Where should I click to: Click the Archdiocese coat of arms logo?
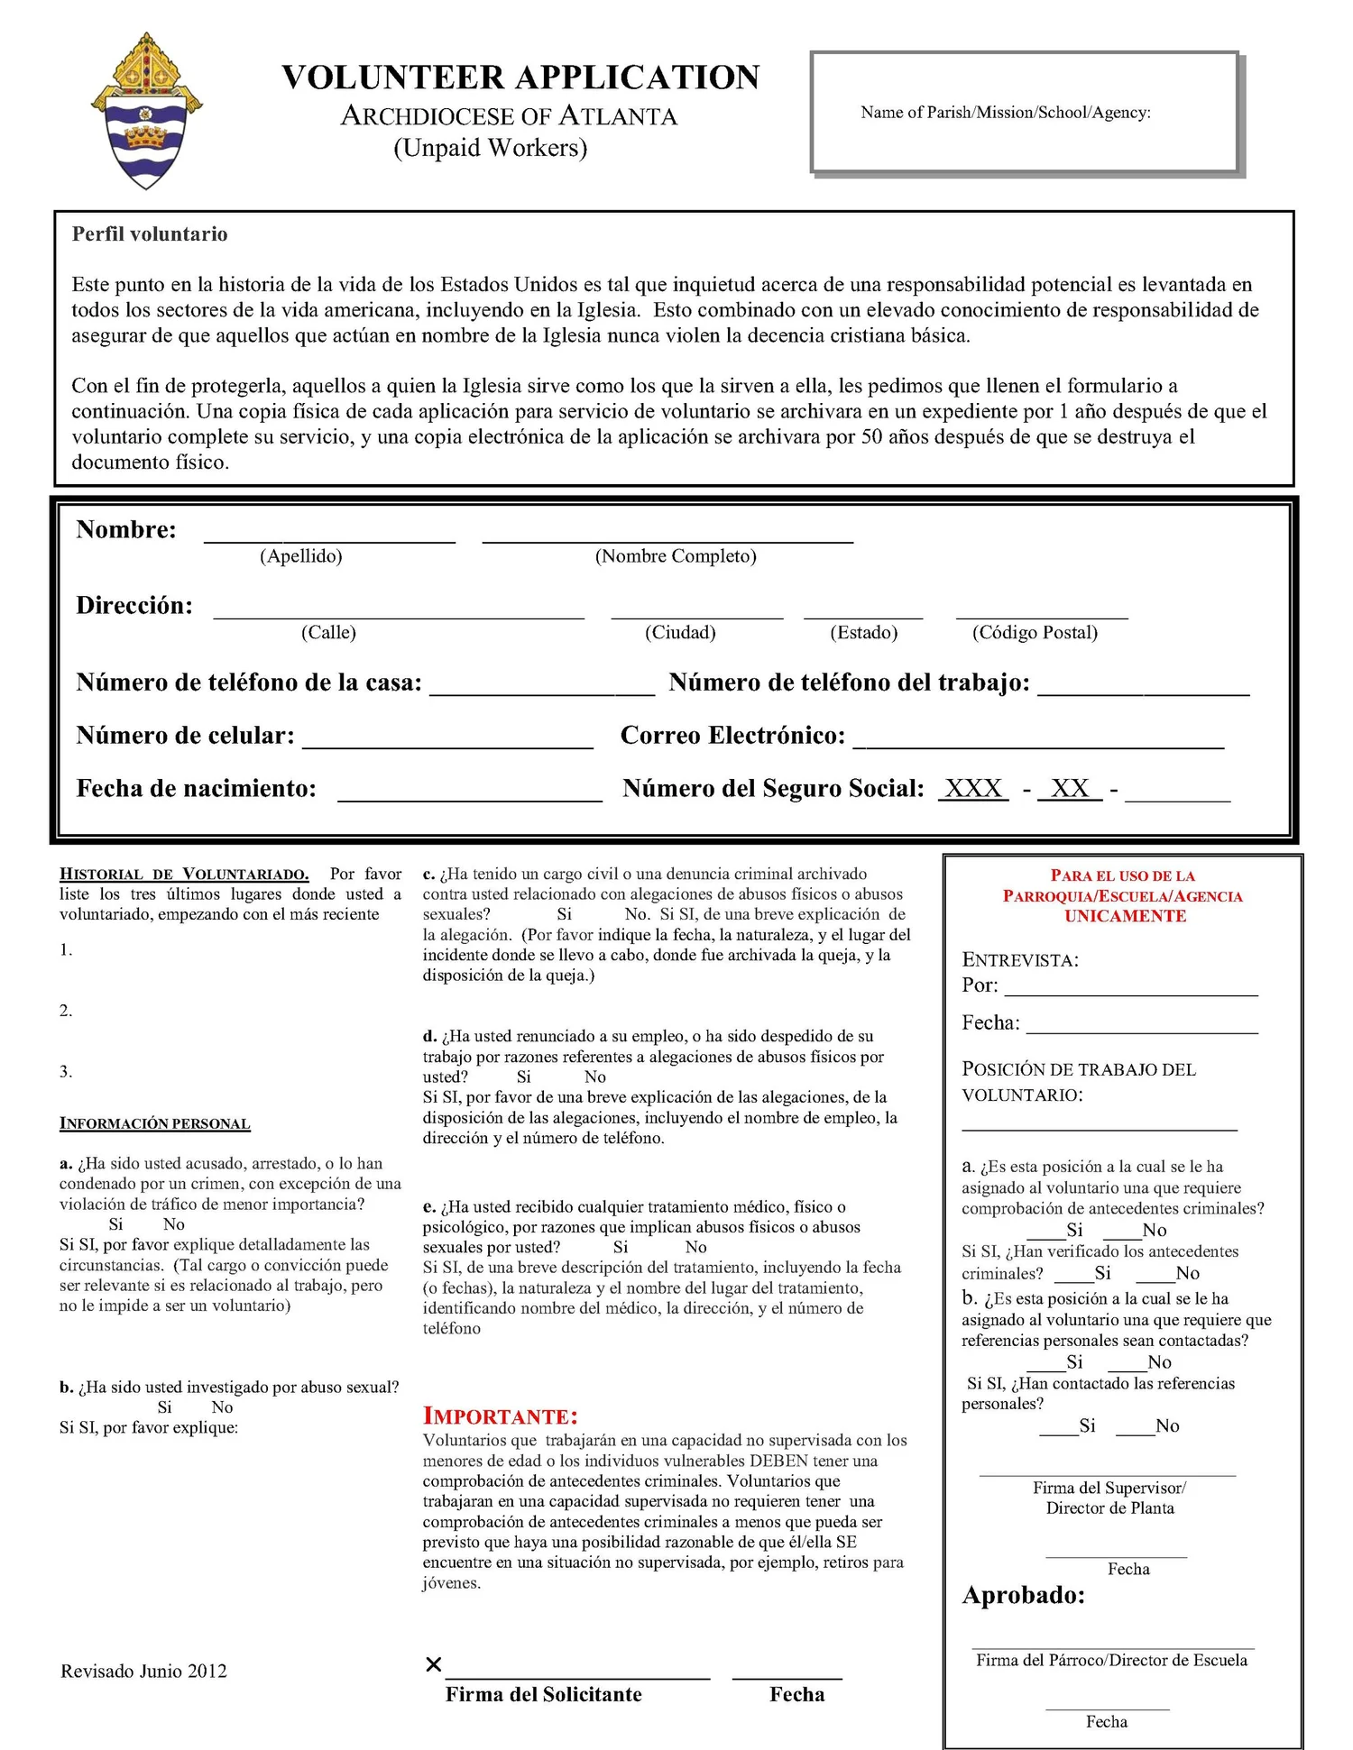[146, 111]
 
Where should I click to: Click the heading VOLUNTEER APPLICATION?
[520, 78]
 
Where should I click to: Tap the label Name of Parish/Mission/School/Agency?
[1005, 113]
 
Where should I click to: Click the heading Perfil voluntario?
[150, 234]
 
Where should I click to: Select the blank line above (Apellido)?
[329, 538]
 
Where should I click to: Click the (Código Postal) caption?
[1035, 633]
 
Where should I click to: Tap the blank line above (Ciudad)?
[696, 615]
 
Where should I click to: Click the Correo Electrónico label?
[732, 736]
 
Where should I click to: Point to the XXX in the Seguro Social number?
[973, 789]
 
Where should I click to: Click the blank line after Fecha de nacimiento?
[469, 796]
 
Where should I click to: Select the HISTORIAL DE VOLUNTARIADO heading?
[184, 874]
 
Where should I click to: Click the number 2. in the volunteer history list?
[66, 1011]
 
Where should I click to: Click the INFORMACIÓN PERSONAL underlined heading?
[155, 1123]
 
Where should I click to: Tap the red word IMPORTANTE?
[500, 1416]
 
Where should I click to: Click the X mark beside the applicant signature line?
[433, 1664]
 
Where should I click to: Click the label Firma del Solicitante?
[543, 1694]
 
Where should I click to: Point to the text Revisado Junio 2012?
[143, 1671]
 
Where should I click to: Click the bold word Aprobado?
[1023, 1595]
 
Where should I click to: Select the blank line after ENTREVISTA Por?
[1130, 992]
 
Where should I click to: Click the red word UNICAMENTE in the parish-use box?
[1124, 916]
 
